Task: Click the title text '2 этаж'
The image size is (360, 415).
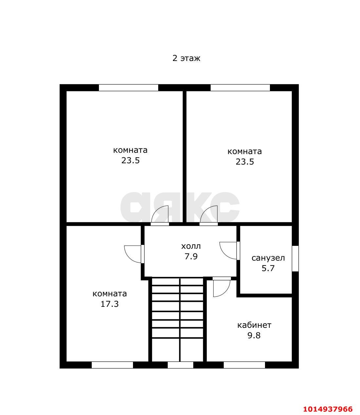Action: (186, 58)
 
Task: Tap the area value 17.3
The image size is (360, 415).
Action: (109, 304)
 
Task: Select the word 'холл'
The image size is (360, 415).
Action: (191, 247)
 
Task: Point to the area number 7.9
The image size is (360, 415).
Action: (191, 257)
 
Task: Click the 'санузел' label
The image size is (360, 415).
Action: (268, 258)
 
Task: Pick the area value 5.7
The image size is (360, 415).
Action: (268, 268)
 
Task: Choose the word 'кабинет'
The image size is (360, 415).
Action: (254, 325)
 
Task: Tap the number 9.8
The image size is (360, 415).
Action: (254, 335)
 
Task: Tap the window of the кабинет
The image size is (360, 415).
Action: (244, 365)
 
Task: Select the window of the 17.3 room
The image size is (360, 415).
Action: (112, 365)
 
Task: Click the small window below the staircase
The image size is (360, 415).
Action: (180, 365)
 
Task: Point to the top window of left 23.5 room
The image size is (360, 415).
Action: (128, 88)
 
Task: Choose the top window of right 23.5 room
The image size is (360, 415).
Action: (240, 88)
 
